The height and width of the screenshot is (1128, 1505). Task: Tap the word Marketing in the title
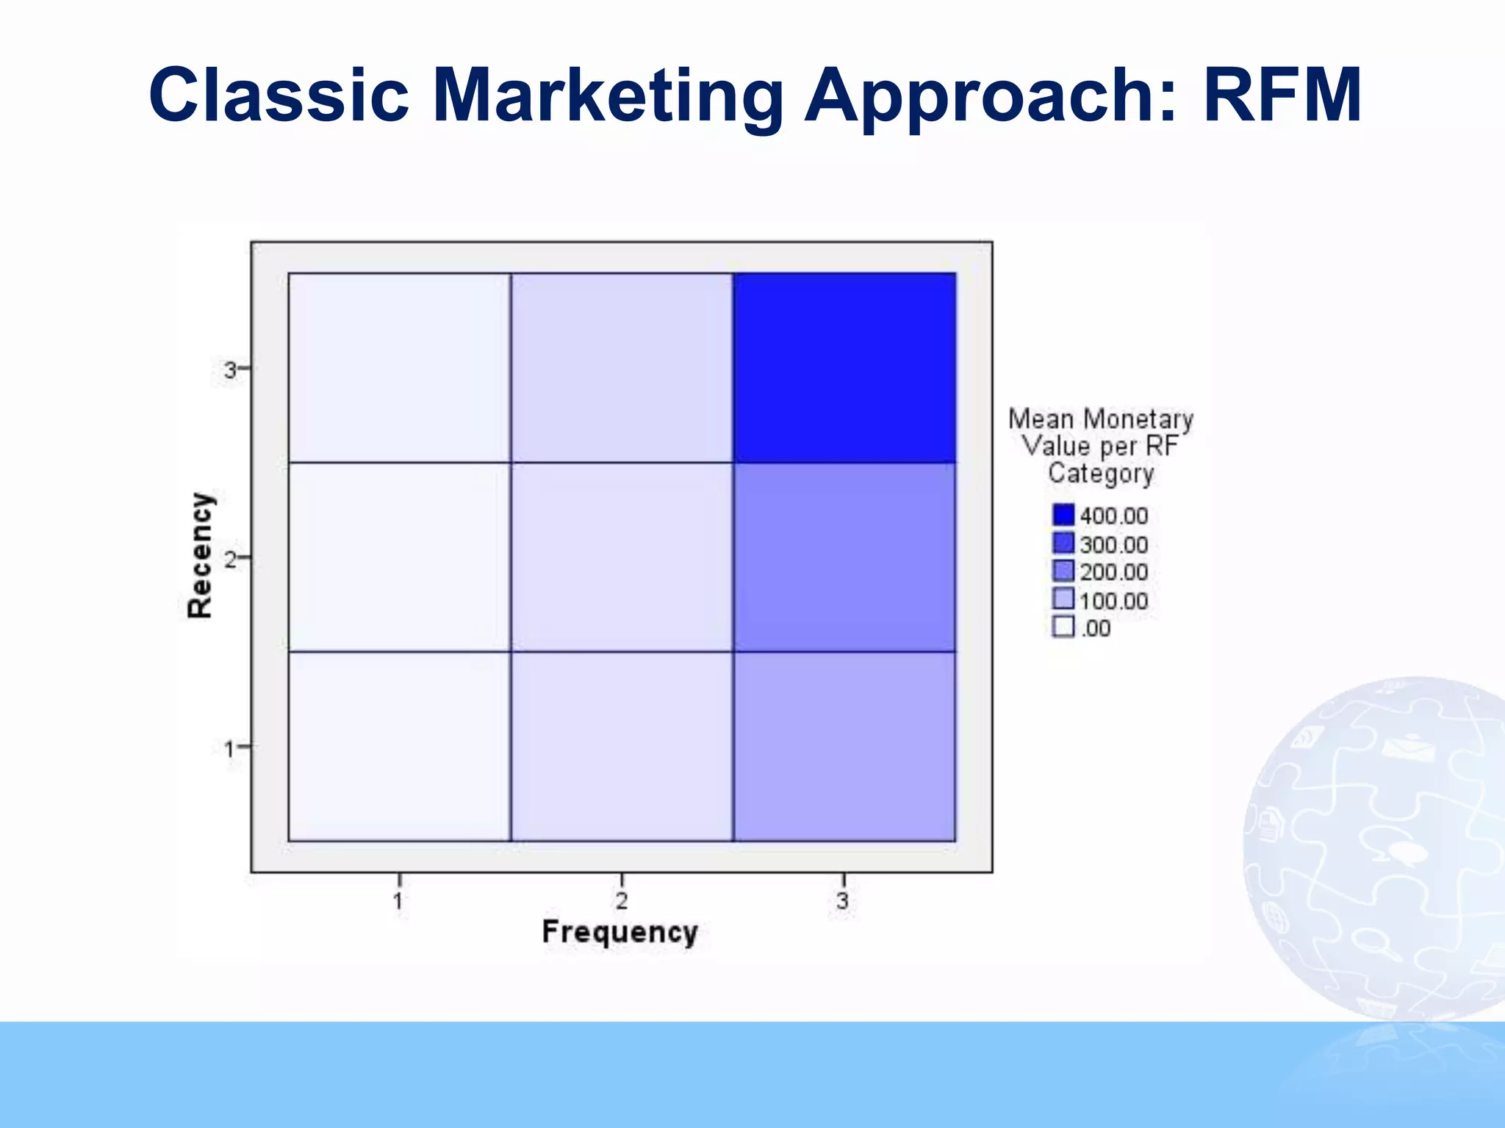tap(607, 95)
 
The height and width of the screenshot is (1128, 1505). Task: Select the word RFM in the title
tap(1282, 95)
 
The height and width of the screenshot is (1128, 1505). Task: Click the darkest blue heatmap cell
tap(844, 367)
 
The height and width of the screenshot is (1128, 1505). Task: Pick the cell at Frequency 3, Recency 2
tap(844, 557)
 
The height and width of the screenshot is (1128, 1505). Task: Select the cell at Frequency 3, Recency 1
tap(844, 746)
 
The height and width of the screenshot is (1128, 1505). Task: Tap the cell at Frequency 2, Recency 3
tap(622, 367)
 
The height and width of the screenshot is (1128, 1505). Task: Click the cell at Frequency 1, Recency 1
tap(399, 746)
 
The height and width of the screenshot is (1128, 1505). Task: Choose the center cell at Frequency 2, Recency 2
tap(622, 557)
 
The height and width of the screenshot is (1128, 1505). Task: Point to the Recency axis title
tap(199, 555)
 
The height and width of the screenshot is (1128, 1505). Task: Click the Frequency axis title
tap(619, 932)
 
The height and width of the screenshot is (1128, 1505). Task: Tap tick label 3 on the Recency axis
tap(230, 370)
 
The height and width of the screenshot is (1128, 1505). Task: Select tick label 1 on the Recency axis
tap(229, 749)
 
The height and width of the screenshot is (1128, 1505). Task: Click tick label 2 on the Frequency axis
tap(622, 900)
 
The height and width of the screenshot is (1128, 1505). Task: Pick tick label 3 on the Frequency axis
tap(843, 900)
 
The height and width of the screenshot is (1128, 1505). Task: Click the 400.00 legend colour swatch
tap(1063, 514)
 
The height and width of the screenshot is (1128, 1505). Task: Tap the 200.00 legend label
tap(1113, 572)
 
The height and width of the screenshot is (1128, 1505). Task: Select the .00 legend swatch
tap(1063, 627)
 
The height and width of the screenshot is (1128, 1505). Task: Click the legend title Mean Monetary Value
tap(1100, 446)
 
